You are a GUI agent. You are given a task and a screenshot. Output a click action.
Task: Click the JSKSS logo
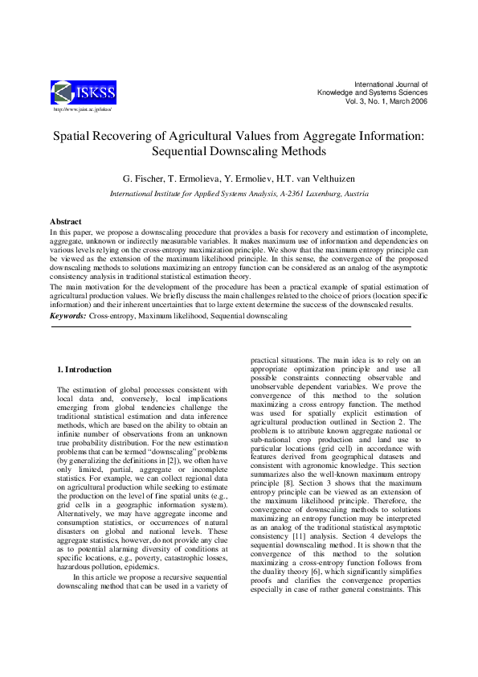84,92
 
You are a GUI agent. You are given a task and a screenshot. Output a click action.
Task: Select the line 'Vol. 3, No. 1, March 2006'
386,102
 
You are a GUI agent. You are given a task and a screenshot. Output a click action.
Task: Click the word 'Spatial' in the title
75,137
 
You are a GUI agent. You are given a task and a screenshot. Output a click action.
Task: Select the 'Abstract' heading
66,221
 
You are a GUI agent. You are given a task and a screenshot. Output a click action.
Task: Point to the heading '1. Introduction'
84,370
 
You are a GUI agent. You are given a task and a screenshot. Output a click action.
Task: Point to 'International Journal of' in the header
391,84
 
